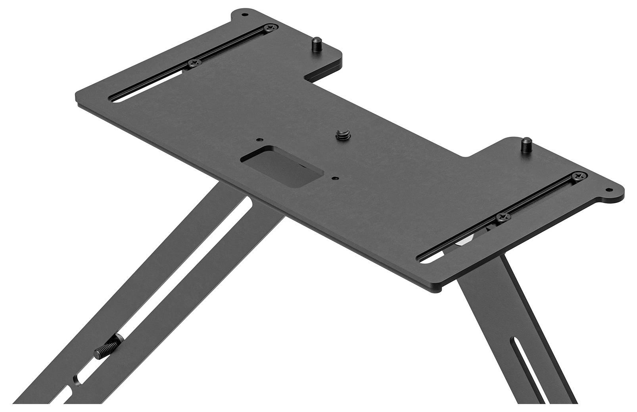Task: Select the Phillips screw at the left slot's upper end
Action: click(271, 28)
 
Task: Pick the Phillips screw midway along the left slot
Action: click(194, 63)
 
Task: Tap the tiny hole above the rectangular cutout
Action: click(259, 140)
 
